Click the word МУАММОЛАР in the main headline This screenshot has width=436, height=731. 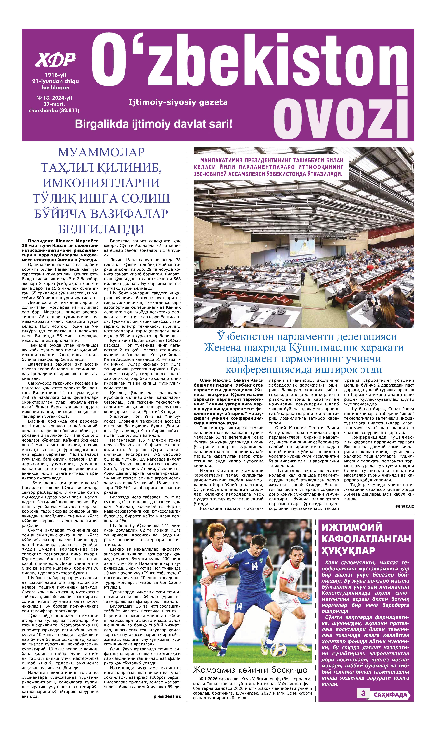[101, 152]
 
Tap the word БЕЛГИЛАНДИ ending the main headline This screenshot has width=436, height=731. [101, 229]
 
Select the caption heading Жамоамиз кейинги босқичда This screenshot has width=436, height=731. [250, 670]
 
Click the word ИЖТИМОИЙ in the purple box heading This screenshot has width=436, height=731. [352, 527]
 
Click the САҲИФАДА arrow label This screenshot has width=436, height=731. [390, 695]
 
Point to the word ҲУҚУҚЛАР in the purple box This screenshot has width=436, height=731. [348, 551]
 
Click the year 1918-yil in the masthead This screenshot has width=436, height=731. [55, 75]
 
